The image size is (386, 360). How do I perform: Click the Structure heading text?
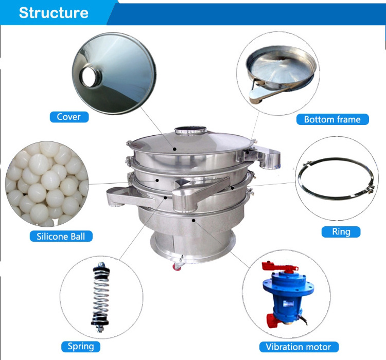[x=54, y=13]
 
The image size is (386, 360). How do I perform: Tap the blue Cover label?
[x=69, y=117]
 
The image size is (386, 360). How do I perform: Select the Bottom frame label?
[x=332, y=119]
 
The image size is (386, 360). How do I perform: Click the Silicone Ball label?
[x=61, y=236]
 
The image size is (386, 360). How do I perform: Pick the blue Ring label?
[x=341, y=232]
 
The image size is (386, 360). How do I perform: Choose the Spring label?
[x=81, y=347]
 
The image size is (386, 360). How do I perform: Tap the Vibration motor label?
[x=299, y=347]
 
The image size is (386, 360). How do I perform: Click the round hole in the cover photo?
[x=89, y=77]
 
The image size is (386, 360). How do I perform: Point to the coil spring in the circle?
[x=100, y=297]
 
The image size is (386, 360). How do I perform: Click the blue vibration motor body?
[x=287, y=295]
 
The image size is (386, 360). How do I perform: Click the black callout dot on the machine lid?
[x=174, y=149]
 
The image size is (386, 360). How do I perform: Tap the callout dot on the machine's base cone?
[x=194, y=221]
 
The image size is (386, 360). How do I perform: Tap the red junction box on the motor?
[x=273, y=320]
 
